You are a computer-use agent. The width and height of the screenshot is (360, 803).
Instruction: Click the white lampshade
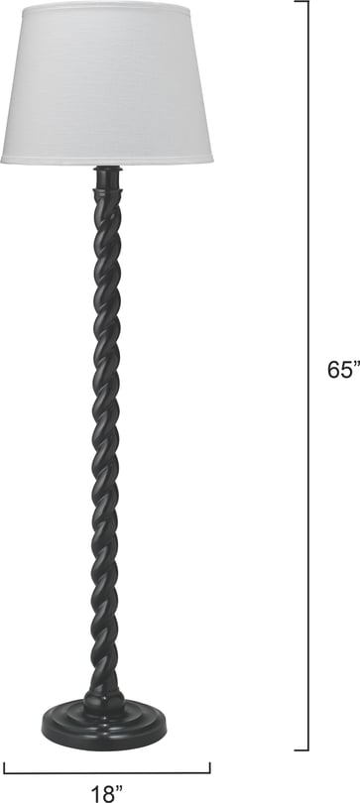[106, 82]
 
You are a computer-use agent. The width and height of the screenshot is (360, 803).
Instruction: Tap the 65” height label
[343, 369]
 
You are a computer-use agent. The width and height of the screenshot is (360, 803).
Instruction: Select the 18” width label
[107, 793]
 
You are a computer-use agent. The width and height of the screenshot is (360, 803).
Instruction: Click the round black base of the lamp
[104, 729]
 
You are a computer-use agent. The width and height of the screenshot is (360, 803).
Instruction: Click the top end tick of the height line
[301, 2]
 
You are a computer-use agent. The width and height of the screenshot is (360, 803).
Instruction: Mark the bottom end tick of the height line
[301, 750]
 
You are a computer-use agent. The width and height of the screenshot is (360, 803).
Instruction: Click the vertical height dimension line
[308, 376]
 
